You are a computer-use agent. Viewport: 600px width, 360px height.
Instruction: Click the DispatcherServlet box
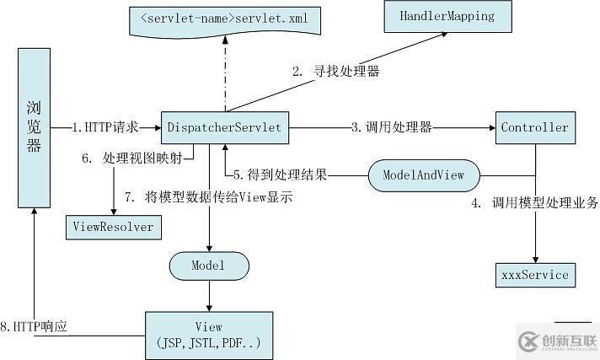225,127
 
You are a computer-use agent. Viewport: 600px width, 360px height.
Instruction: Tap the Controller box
534,127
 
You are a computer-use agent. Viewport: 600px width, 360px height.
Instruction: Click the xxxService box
534,274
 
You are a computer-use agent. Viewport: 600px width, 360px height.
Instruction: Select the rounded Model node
209,266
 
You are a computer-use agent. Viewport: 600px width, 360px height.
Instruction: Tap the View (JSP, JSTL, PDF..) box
208,335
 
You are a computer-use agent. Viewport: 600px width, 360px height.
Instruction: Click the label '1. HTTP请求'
104,127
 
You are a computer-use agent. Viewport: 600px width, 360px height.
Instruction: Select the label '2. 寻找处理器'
335,72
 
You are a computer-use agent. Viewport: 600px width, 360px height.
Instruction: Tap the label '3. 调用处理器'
392,127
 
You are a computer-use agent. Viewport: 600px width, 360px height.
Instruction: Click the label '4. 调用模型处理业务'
534,202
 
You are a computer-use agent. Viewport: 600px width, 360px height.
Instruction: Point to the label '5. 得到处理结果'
280,175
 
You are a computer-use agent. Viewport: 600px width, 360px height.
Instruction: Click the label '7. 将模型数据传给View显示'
208,198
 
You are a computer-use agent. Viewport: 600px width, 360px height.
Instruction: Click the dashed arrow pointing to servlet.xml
225,76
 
